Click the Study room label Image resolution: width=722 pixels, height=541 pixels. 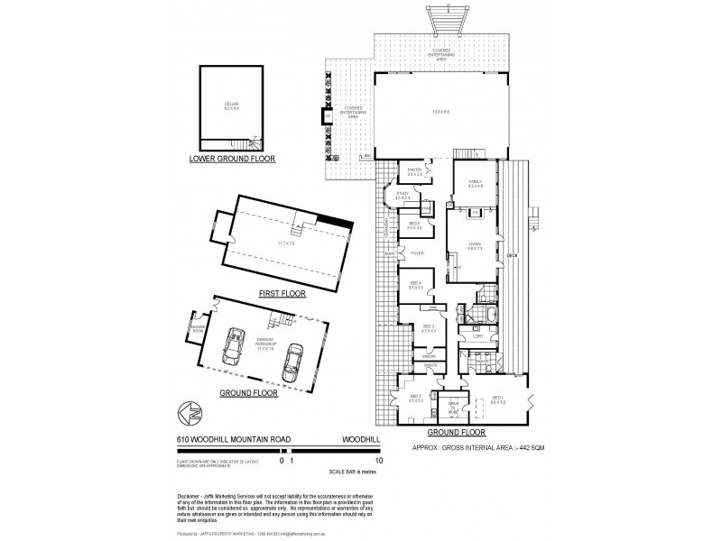[x=403, y=195]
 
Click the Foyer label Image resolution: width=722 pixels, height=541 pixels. [x=417, y=253]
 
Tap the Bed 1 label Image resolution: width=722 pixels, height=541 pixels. [x=498, y=398]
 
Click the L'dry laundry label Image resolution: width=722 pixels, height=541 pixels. [x=477, y=336]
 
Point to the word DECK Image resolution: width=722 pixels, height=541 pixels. [x=511, y=255]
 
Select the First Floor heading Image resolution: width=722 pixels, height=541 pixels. [x=281, y=293]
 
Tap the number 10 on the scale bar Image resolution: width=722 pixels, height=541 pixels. [x=380, y=461]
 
